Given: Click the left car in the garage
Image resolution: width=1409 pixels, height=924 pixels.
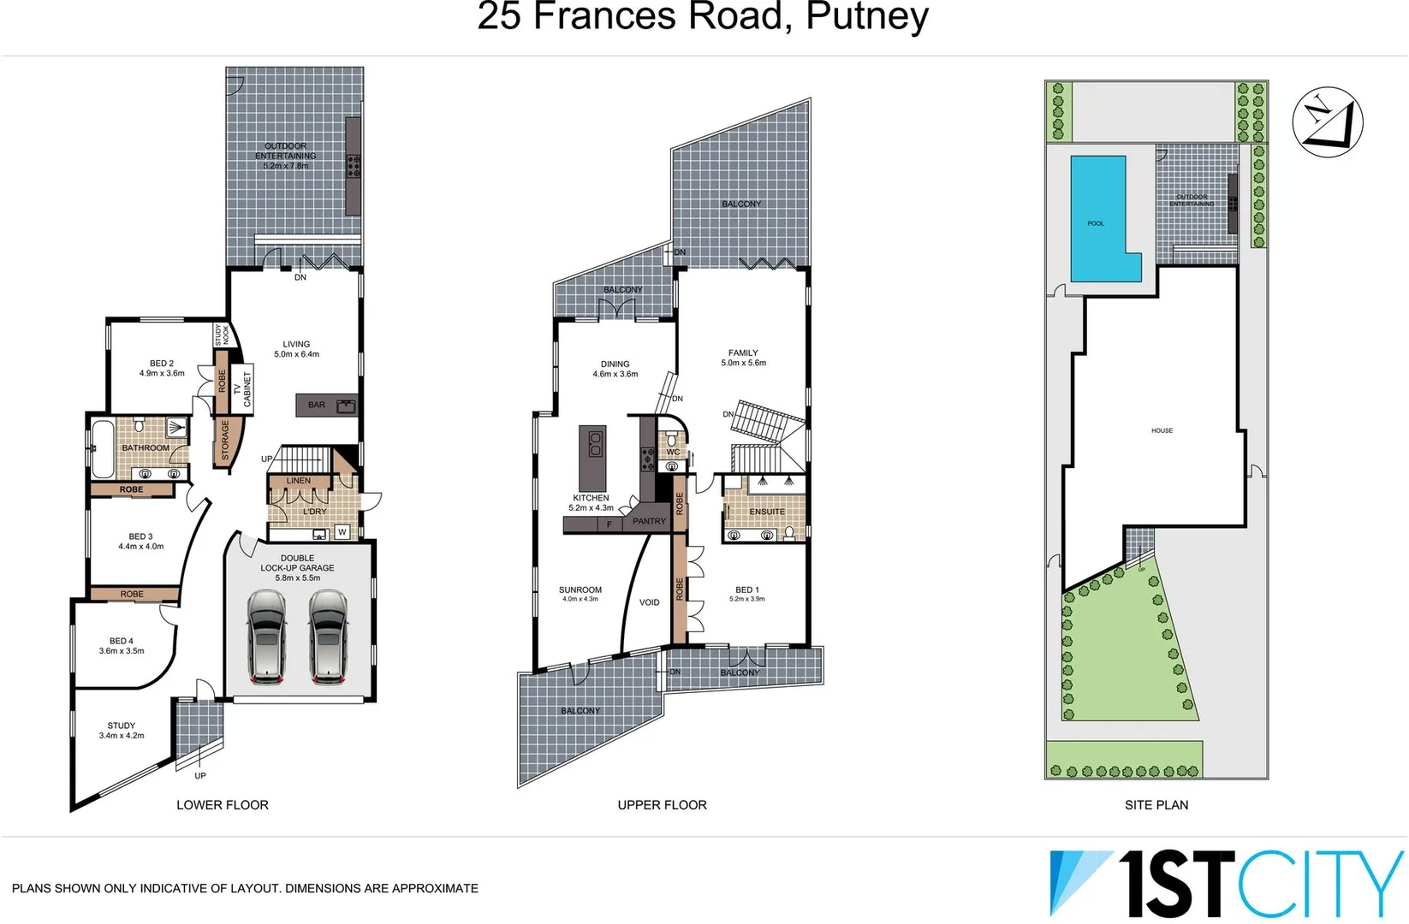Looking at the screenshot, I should pyautogui.click(x=266, y=637).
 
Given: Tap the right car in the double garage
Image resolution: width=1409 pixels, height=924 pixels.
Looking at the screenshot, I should pyautogui.click(x=329, y=637).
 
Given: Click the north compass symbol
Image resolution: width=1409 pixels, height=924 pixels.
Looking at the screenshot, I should pyautogui.click(x=1327, y=122).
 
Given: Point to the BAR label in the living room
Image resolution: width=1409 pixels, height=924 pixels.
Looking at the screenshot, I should pyautogui.click(x=317, y=405).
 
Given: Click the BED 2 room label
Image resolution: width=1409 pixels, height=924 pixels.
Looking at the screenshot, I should pyautogui.click(x=162, y=364).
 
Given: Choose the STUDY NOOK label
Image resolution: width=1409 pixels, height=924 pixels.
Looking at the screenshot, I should pyautogui.click(x=222, y=335).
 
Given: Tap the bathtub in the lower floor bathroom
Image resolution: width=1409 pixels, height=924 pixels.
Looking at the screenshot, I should pyautogui.click(x=103, y=447).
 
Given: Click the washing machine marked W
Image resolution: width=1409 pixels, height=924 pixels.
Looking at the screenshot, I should pyautogui.click(x=342, y=532).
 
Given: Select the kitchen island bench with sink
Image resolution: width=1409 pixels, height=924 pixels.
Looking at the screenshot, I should pyautogui.click(x=592, y=458).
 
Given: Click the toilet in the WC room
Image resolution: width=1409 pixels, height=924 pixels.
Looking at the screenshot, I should pyautogui.click(x=672, y=441).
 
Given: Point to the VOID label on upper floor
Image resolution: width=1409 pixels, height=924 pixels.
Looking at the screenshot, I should pyautogui.click(x=649, y=602).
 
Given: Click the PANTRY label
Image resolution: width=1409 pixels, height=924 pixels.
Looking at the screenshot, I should pyautogui.click(x=649, y=521).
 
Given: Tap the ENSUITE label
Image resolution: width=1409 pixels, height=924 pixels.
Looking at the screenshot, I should pyautogui.click(x=767, y=512).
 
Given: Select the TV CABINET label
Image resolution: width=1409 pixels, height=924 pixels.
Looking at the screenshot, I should pyautogui.click(x=242, y=389).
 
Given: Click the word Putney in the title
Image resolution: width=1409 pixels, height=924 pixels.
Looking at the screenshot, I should pyautogui.click(x=866, y=16).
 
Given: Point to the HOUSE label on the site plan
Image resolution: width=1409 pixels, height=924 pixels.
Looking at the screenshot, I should pyautogui.click(x=1162, y=430).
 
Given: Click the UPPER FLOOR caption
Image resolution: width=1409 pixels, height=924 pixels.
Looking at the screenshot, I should pyautogui.click(x=662, y=805).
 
